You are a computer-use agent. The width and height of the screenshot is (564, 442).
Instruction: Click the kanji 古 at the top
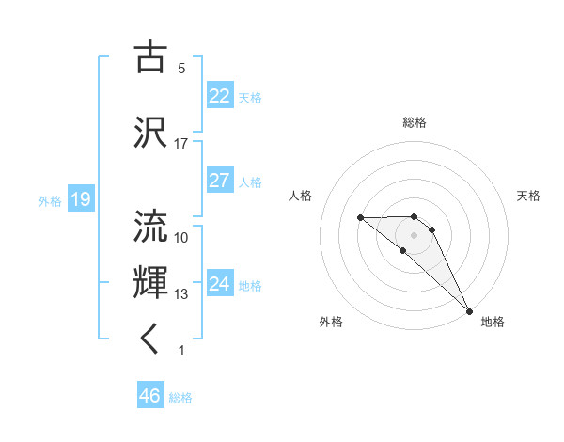tap(150, 57)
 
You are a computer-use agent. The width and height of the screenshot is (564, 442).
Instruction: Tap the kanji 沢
tap(150, 131)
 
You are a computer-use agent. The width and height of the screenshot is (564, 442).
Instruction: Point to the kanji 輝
tap(150, 283)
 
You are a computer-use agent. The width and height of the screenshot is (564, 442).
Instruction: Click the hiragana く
tap(150, 340)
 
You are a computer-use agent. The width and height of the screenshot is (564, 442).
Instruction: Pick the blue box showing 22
tap(219, 96)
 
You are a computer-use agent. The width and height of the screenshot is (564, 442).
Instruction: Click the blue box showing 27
tap(219, 181)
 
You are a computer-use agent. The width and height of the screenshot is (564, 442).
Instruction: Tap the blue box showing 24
tap(219, 284)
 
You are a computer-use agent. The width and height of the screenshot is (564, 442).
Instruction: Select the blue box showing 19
tap(80, 199)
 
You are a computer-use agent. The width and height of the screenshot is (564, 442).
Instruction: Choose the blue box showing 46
tap(150, 396)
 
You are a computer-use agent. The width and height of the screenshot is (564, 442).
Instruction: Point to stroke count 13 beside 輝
tap(181, 294)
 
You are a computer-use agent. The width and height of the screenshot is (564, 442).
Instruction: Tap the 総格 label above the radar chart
tap(414, 122)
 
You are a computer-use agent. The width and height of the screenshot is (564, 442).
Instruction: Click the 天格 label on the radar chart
tap(528, 196)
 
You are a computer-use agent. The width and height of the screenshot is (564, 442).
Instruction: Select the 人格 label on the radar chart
tap(301, 196)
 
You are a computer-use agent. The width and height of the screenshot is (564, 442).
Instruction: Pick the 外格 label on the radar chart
tap(331, 323)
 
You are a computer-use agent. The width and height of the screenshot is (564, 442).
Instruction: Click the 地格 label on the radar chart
tap(493, 323)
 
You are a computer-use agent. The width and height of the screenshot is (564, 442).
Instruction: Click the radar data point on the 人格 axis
tap(360, 218)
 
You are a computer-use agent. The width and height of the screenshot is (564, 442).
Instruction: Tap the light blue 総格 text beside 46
tap(180, 398)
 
